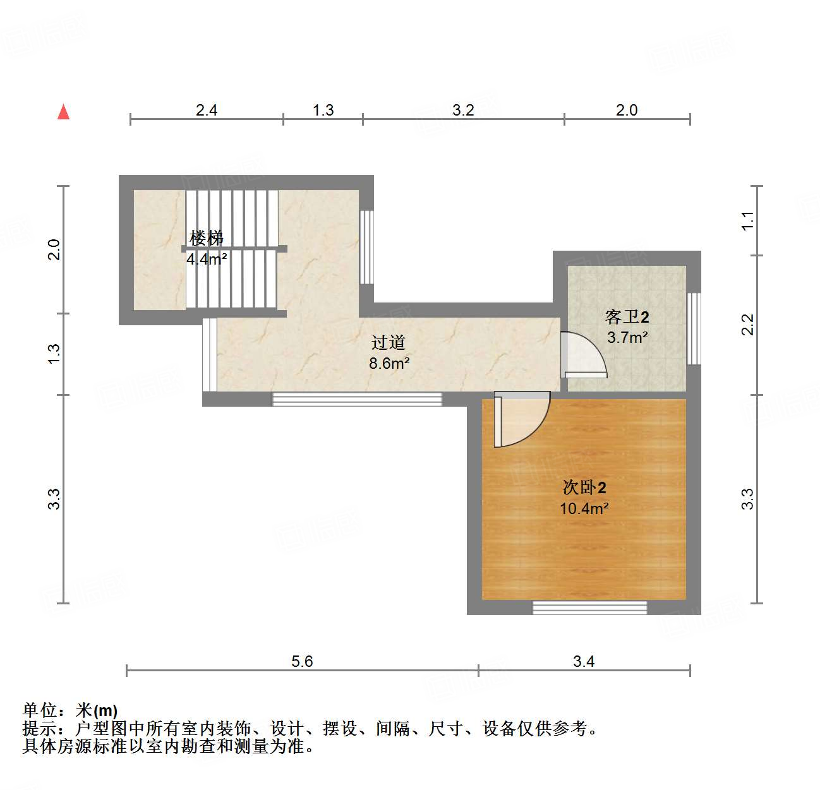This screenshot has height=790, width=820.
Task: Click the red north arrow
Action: [63, 112]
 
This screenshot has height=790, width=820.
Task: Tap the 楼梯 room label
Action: [207, 238]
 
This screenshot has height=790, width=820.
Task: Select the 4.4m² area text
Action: [207, 259]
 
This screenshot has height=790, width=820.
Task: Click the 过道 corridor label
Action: [388, 342]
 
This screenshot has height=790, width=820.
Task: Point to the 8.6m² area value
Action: [389, 363]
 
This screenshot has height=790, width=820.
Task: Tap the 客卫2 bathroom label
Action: [627, 316]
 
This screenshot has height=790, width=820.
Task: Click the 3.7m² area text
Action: [627, 337]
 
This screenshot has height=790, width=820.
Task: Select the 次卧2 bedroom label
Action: [584, 487]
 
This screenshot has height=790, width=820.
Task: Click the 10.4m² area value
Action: [584, 508]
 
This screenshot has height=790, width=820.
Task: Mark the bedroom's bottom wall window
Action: [589, 607]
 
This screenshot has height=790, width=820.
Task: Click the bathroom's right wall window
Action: [694, 328]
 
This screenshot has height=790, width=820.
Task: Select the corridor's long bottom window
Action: [357, 399]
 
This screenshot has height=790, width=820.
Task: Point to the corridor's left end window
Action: [209, 354]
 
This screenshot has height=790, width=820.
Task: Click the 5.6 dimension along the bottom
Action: [302, 661]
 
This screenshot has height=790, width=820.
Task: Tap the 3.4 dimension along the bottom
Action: [584, 661]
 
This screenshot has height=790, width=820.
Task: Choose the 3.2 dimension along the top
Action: [463, 110]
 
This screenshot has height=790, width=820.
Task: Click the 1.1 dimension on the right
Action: [747, 220]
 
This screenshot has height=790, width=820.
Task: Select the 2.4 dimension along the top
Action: [207, 110]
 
